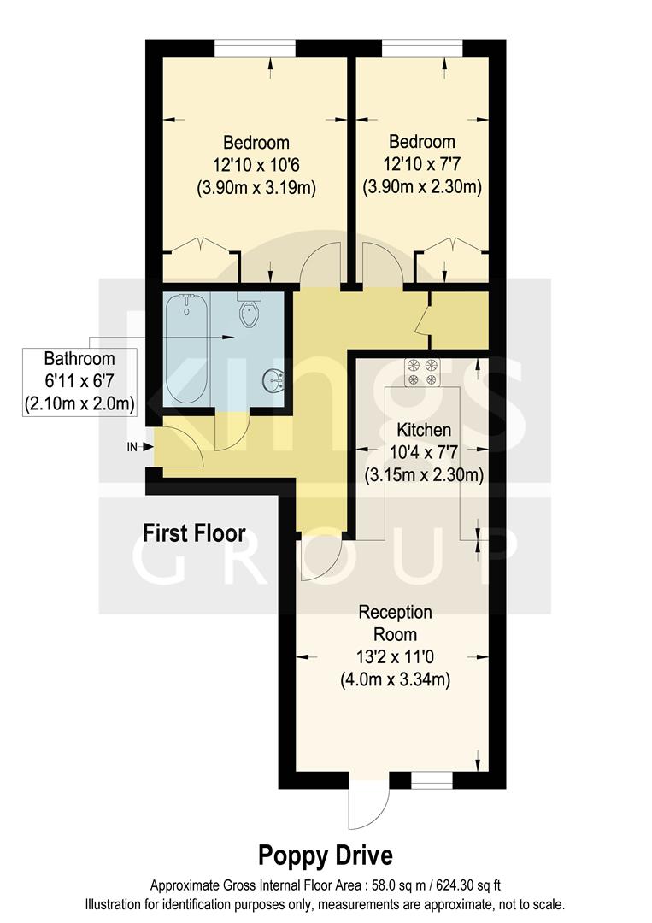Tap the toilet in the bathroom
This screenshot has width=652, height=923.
[x=249, y=313]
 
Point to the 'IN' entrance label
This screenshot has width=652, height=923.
[x=132, y=446]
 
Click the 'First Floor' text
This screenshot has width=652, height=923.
[x=194, y=534]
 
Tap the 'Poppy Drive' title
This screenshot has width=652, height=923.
[x=326, y=855]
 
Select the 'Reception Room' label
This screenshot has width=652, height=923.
[x=395, y=623]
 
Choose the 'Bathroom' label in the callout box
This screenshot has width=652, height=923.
[x=79, y=358]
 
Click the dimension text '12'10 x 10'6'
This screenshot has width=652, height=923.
[x=256, y=165]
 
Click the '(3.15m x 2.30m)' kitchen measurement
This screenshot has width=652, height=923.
[x=424, y=474]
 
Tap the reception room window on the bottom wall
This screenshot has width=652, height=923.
[x=431, y=779]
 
